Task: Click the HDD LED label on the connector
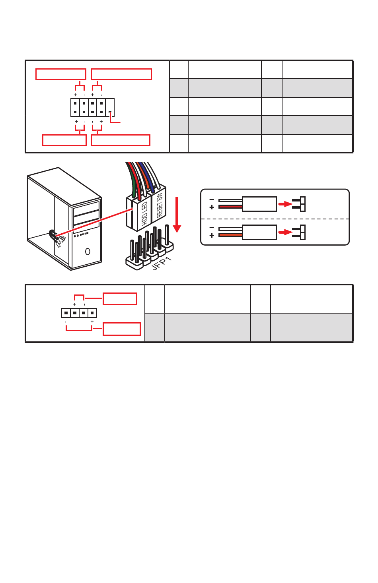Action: pos(144,215)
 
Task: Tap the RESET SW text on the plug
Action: pos(159,205)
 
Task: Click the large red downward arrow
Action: pos(177,215)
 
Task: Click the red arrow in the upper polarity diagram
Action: pos(285,204)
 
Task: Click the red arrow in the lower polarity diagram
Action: pos(285,232)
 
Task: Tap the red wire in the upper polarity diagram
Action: pos(230,207)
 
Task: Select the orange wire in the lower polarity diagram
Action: pos(230,235)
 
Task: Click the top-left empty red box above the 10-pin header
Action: pos(61,74)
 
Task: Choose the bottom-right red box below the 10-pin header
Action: pos(121,140)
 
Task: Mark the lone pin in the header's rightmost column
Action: pos(110,112)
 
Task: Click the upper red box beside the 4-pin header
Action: pos(120,298)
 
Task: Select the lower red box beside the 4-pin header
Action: pos(122,329)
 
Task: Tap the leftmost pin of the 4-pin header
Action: pos(66,313)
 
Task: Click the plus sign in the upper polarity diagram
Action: pos(212,207)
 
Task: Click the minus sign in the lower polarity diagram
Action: pos(212,228)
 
